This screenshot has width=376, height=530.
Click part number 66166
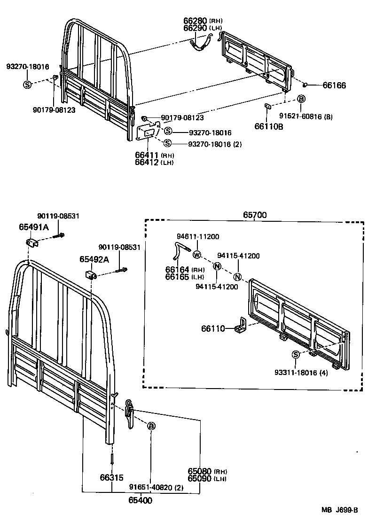coord(334,86)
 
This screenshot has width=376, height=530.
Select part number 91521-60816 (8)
coord(305,117)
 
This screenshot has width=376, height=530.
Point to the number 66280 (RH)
coord(203,21)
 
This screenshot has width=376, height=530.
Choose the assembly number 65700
coord(255,215)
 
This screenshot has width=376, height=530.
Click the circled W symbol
coord(196,255)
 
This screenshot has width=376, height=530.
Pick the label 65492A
coord(94,259)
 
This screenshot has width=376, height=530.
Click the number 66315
coord(111,478)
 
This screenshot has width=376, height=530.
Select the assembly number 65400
coord(140,500)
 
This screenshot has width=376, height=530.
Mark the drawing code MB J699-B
coord(340,511)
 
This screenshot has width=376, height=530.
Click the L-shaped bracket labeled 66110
coord(243,325)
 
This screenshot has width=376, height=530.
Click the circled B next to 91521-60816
coord(301,99)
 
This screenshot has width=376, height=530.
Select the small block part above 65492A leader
coord(90,274)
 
